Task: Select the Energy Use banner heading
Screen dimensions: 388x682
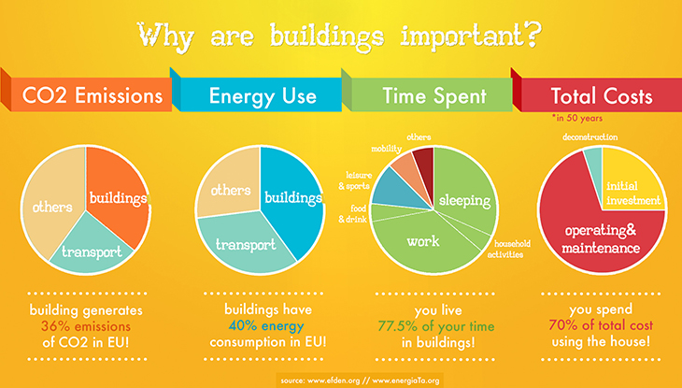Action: point(263,96)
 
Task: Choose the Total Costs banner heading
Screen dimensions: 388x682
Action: point(602,96)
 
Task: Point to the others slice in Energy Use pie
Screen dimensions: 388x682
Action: point(226,190)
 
